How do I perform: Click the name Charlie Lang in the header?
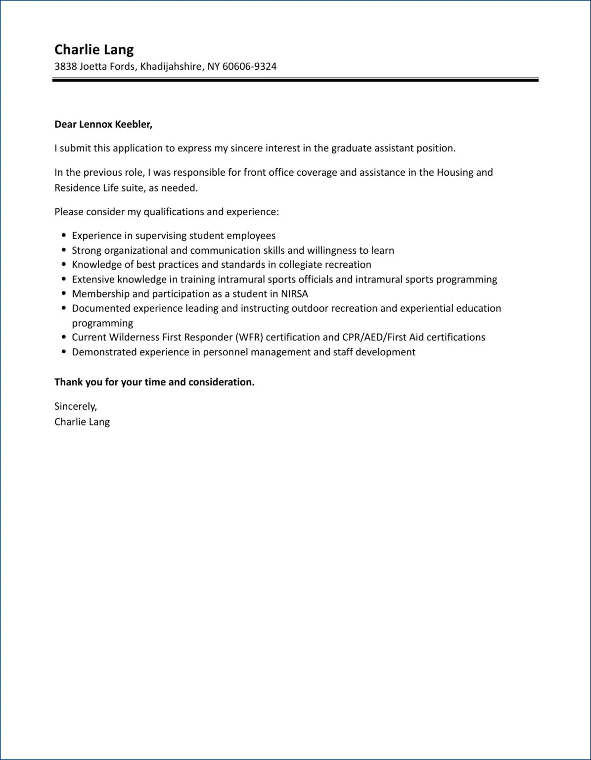click(x=94, y=49)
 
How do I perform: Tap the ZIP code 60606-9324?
click(x=249, y=66)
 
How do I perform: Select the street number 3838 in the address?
click(x=65, y=66)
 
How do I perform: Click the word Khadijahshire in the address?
click(x=171, y=66)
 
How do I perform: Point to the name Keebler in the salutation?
click(x=134, y=124)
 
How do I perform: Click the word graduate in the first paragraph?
click(x=351, y=148)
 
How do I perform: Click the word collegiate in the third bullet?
click(x=300, y=265)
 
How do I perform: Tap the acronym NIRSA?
click(x=294, y=294)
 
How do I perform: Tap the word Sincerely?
click(x=76, y=406)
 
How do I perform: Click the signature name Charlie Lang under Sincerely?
click(x=82, y=422)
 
